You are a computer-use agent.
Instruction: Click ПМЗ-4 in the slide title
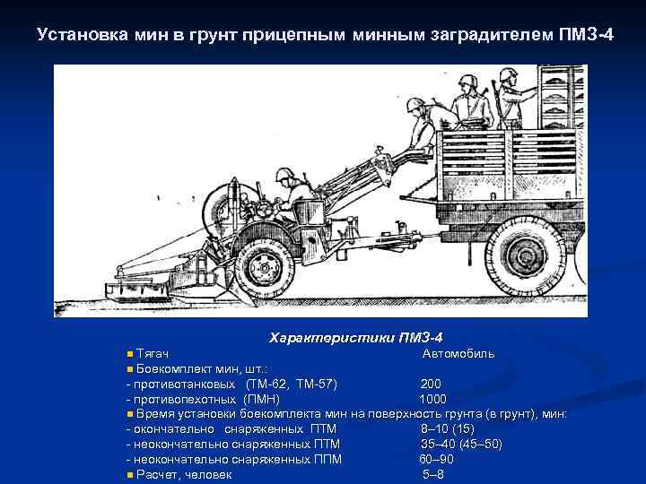586,35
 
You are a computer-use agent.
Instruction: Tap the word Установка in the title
83,35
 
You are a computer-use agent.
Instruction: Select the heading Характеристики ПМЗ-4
355,338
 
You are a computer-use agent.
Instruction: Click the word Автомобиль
458,353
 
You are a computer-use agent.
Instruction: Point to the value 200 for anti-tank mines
431,384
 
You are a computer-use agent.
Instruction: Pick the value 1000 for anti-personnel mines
433,399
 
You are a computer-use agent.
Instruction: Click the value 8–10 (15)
448,428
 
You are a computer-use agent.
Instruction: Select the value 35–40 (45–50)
461,444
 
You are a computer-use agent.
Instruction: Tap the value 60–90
437,459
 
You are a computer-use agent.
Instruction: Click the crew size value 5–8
433,474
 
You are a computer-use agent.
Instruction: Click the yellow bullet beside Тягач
130,354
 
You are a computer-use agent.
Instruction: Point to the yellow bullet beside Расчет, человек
130,475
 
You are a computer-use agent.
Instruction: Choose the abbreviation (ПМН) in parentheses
262,399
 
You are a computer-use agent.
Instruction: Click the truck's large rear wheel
525,256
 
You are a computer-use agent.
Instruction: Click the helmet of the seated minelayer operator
284,175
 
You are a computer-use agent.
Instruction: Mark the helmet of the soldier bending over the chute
415,105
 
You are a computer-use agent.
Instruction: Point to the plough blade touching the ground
240,291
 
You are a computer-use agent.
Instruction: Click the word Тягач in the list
152,353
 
